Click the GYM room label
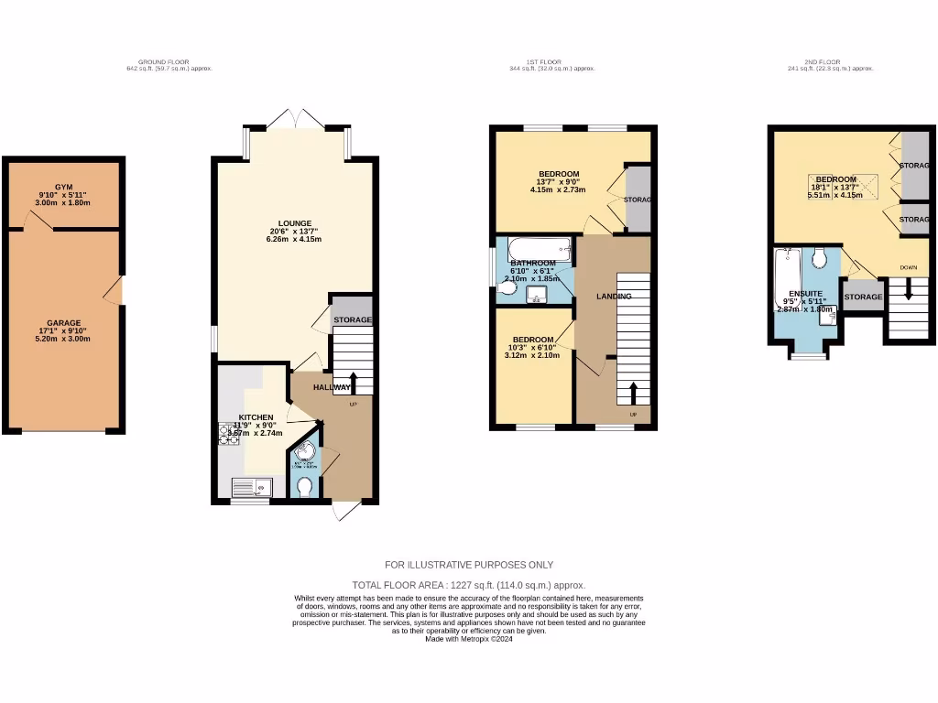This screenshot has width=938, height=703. (63, 186)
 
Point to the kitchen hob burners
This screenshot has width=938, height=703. (227, 434)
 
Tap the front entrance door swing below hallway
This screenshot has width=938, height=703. (345, 511)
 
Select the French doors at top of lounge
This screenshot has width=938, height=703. (296, 120)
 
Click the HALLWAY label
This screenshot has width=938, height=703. (332, 387)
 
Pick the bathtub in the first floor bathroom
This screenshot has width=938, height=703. (538, 247)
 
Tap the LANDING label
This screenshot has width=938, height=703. (614, 297)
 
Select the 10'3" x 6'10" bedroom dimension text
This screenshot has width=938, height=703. (531, 348)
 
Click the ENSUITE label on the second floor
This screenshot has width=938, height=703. (805, 293)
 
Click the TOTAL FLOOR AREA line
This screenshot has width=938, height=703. (469, 585)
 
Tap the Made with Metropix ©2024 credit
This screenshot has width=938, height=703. (469, 639)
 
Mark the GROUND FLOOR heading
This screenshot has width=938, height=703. (170, 62)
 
